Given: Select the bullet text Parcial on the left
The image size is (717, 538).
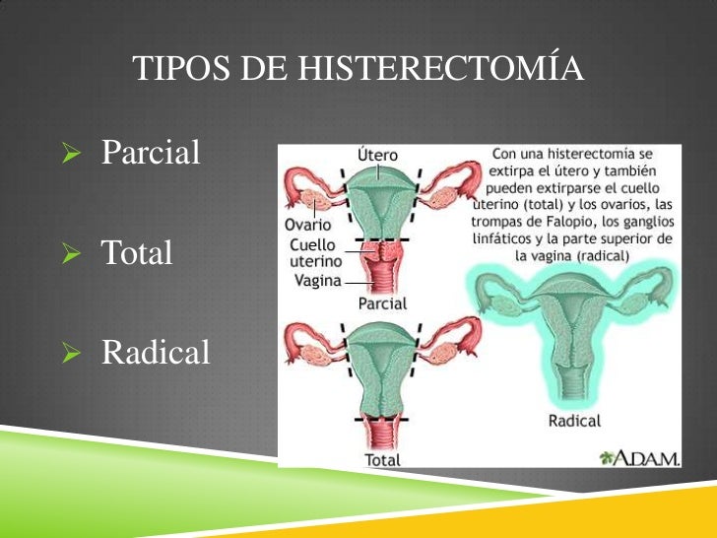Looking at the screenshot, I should tap(151, 153).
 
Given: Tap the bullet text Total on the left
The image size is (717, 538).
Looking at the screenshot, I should tap(137, 253).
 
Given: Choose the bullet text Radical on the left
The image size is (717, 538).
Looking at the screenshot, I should tap(156, 352).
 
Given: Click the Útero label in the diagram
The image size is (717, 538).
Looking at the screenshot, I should tap(376, 155).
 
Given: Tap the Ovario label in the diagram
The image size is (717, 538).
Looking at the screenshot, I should tap(307, 225).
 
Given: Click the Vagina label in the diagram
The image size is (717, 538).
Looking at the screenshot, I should tap(317, 280).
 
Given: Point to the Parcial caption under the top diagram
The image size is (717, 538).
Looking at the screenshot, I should tap(382, 303).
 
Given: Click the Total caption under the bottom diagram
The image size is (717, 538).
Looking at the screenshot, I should tap(382, 459).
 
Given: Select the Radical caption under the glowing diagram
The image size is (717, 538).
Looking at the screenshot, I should tap(573, 421).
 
